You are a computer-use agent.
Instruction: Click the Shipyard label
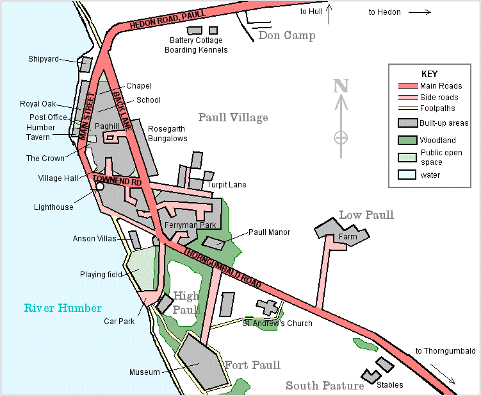point(43,59)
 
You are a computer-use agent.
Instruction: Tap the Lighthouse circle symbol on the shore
point(99,187)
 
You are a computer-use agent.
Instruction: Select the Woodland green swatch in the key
point(407,140)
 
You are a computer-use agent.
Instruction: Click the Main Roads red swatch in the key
point(407,86)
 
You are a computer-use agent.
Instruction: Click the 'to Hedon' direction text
point(384,12)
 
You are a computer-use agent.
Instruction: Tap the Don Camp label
point(286,35)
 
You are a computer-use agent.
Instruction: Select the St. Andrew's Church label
point(277,323)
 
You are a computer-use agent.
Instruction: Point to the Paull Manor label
point(269,232)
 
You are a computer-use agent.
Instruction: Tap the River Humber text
point(63,308)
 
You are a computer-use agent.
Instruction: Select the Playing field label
point(101,275)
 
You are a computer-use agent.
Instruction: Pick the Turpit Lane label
point(227,185)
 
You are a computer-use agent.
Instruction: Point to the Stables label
point(390,386)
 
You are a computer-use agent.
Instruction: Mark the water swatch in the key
point(407,175)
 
